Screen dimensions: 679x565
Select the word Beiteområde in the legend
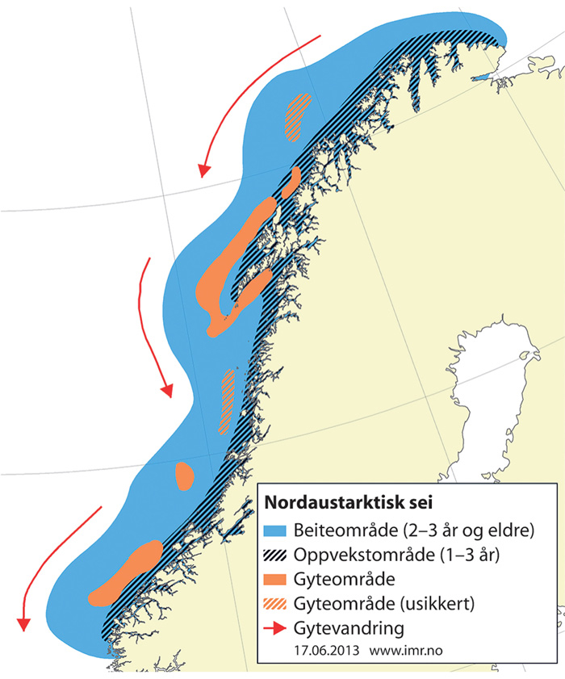(x=340, y=531)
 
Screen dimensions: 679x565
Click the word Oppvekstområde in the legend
(x=357, y=555)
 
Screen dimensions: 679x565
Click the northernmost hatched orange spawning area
(x=295, y=115)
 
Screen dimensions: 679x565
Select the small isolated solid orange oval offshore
(x=185, y=476)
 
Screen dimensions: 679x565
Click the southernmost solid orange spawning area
(x=125, y=572)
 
